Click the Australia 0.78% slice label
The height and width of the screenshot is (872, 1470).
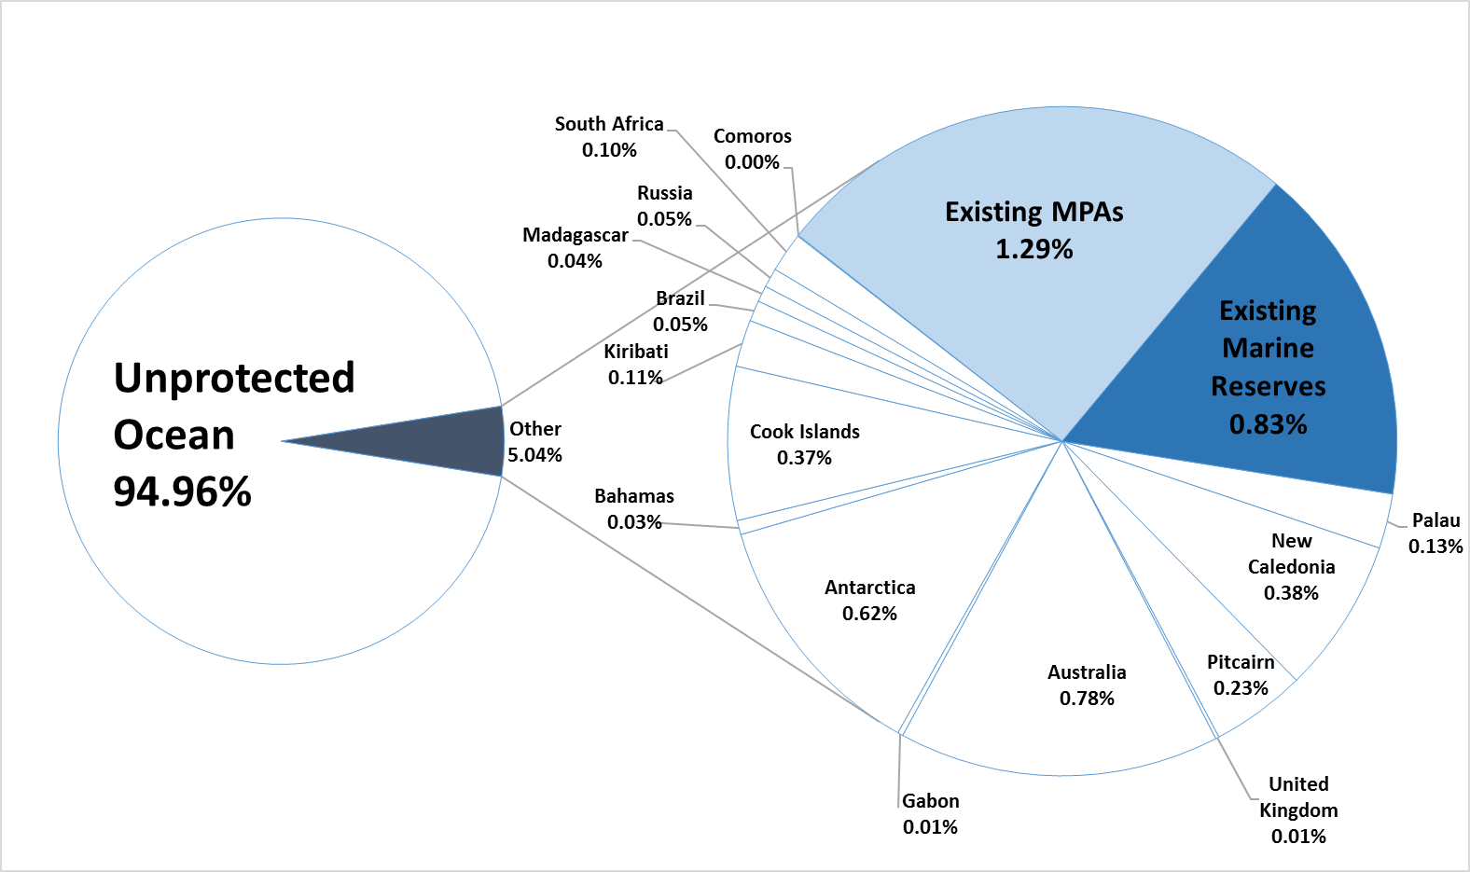(x=1087, y=685)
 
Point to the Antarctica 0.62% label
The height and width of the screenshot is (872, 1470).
(x=869, y=601)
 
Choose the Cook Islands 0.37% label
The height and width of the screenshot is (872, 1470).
(x=804, y=445)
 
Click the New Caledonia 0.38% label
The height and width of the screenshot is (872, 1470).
(x=1291, y=566)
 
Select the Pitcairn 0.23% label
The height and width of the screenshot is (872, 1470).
(x=1241, y=675)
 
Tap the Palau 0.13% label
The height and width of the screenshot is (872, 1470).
(x=1435, y=533)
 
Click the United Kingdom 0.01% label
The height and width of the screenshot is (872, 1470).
(x=1298, y=810)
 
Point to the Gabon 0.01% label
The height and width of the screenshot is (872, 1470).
(x=930, y=814)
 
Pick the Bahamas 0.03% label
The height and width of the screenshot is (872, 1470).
(x=634, y=509)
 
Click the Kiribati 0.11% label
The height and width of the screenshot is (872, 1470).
(x=636, y=365)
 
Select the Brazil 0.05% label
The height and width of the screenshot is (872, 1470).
(x=680, y=311)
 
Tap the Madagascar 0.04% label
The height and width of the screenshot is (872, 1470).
(x=575, y=248)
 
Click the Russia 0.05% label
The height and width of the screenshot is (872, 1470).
(x=664, y=206)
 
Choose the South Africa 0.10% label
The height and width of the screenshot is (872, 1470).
(x=609, y=137)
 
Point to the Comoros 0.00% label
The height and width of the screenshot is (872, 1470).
(x=752, y=149)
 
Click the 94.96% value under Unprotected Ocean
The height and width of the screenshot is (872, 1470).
(x=183, y=491)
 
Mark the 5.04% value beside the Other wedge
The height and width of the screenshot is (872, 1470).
(x=534, y=455)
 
